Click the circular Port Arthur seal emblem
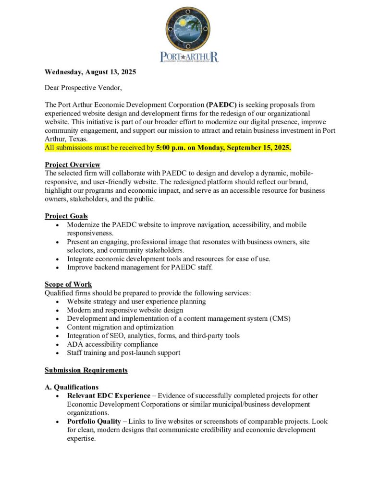[189, 29]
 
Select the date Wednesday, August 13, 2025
[90, 72]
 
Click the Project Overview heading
[73, 165]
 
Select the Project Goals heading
[66, 216]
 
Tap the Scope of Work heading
[68, 284]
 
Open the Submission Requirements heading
[86, 370]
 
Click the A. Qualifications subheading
[72, 387]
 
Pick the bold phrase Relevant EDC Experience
[109, 396]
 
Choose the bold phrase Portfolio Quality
[94, 421]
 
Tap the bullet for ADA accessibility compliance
[58, 345]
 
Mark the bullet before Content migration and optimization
[58, 327]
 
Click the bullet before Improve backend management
[58, 268]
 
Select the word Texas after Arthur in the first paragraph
[77, 139]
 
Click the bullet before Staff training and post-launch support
[58, 353]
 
